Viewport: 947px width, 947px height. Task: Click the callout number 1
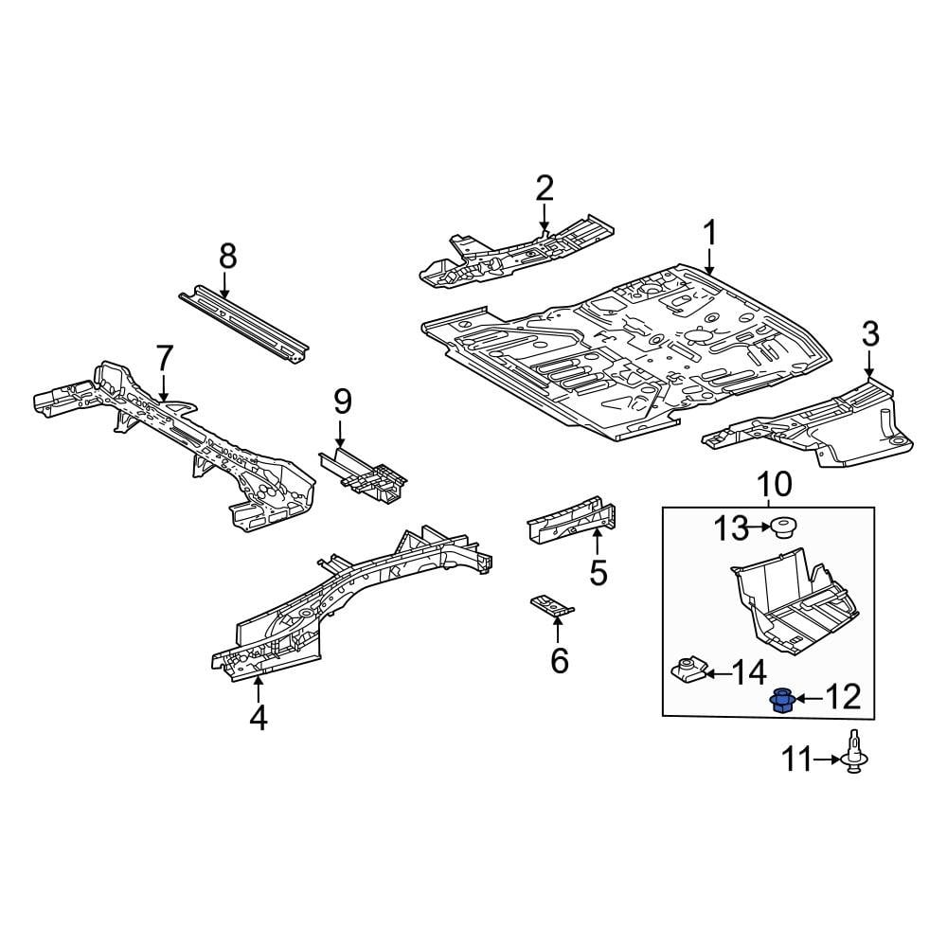pyautogui.click(x=709, y=234)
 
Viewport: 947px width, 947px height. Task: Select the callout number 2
pyautogui.click(x=544, y=188)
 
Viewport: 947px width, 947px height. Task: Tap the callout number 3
pyautogui.click(x=870, y=333)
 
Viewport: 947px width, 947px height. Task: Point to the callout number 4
pyautogui.click(x=258, y=719)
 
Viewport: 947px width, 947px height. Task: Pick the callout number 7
pyautogui.click(x=164, y=358)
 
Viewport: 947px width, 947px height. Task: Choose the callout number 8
pyautogui.click(x=227, y=256)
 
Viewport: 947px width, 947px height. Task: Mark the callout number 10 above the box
pyautogui.click(x=775, y=485)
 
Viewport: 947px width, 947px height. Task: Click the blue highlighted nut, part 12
pyautogui.click(x=782, y=701)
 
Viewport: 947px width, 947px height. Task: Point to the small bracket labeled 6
pyautogui.click(x=551, y=605)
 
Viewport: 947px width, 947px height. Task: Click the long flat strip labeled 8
pyautogui.click(x=243, y=323)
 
